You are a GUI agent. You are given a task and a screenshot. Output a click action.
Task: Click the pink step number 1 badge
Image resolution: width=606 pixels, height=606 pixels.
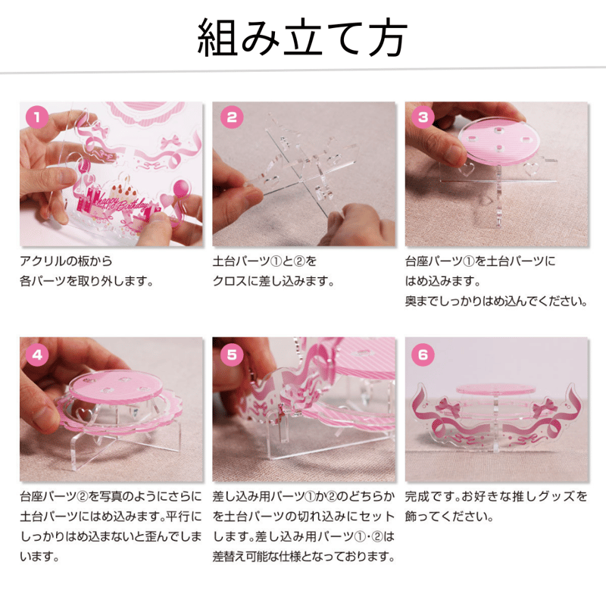pos(37,117)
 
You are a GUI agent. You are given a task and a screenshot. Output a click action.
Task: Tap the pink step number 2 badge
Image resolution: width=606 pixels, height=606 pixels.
pos(232,117)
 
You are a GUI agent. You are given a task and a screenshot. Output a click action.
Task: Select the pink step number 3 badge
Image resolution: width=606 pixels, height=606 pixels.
pos(423,117)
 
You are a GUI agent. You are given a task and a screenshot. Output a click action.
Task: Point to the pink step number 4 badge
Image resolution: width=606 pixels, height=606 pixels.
pos(37,355)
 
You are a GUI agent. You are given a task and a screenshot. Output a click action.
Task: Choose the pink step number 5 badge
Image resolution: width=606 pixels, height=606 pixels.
pos(232,355)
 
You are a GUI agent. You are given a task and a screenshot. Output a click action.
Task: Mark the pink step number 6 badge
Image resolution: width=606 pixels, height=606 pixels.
pos(423,355)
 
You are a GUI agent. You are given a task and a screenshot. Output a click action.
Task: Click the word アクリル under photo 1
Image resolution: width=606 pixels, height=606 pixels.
pos(42,261)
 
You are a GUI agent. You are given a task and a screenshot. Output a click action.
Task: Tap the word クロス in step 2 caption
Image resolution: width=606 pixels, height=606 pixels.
pos(230,281)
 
